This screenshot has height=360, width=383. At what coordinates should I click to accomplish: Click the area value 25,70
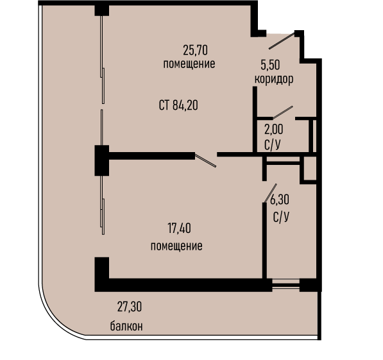tap(196, 50)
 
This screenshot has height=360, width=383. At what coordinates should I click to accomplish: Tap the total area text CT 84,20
tap(178, 105)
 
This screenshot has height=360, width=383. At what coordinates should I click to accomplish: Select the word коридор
tap(274, 80)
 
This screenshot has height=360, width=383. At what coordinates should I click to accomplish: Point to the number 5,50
tap(270, 65)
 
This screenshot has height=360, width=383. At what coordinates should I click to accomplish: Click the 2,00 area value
tap(273, 129)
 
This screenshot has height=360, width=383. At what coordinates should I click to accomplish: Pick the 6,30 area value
tap(280, 200)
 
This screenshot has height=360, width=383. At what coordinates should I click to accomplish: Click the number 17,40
tap(179, 228)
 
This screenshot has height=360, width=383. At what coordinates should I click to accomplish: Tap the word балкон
tap(126, 326)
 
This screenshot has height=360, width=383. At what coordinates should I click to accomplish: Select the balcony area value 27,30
tap(130, 307)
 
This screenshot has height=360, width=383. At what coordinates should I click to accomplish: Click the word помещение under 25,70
tap(189, 64)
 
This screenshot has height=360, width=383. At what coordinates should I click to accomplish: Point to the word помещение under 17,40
tap(176, 246)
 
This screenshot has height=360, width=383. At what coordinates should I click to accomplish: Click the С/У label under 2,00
tap(272, 145)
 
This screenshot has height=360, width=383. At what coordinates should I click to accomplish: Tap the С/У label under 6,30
tap(281, 216)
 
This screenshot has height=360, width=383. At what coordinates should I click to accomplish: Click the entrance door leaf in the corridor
tap(282, 41)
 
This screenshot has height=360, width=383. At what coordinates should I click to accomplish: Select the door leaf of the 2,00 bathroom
tap(283, 112)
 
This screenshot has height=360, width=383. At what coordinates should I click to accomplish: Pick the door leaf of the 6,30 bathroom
tap(270, 193)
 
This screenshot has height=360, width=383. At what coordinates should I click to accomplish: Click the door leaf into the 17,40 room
tap(205, 160)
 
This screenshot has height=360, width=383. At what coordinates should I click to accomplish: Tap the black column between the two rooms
tap(102, 160)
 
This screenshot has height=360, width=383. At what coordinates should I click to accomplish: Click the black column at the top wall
tap(102, 10)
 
